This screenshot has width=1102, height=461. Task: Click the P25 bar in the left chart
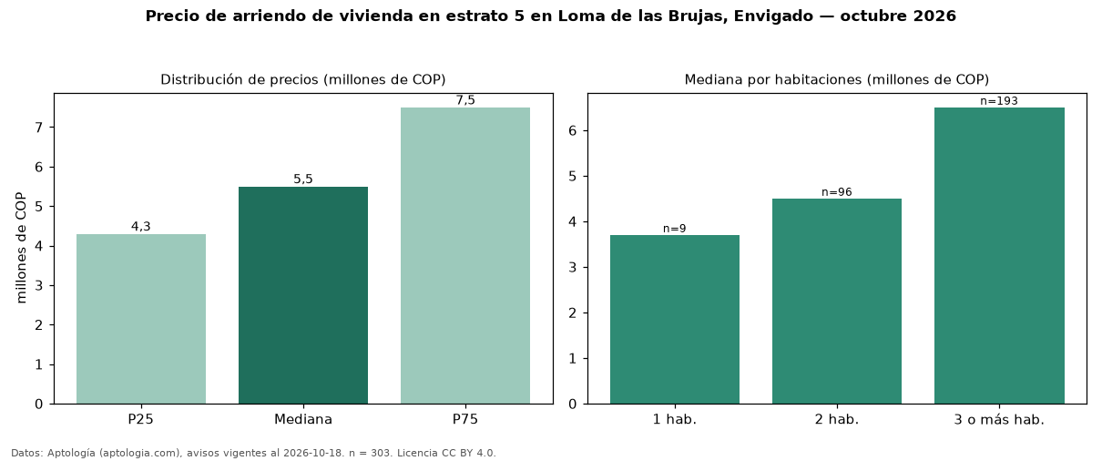pyautogui.click(x=140, y=319)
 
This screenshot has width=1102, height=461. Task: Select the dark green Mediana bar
pyautogui.click(x=303, y=295)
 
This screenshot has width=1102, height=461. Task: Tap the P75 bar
pyautogui.click(x=465, y=256)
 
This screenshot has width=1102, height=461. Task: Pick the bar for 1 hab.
pyautogui.click(x=675, y=319)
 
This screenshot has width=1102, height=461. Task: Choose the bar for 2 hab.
pyautogui.click(x=837, y=301)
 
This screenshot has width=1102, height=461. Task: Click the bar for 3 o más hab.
pyautogui.click(x=999, y=256)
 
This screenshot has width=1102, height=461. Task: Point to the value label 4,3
pyautogui.click(x=140, y=226)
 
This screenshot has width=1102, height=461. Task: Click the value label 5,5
pyautogui.click(x=303, y=179)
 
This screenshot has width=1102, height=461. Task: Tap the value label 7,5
pyautogui.click(x=465, y=100)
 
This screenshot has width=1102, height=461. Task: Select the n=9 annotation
pyautogui.click(x=675, y=229)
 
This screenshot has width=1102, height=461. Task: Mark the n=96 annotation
pyautogui.click(x=837, y=192)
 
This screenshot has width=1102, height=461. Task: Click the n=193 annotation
pyautogui.click(x=999, y=101)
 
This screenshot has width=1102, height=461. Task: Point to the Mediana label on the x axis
pyautogui.click(x=303, y=419)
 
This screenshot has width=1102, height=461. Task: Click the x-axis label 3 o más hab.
pyautogui.click(x=999, y=419)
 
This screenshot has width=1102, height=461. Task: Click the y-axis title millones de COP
pyautogui.click(x=21, y=248)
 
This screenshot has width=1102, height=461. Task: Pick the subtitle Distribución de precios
pyautogui.click(x=240, y=79)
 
